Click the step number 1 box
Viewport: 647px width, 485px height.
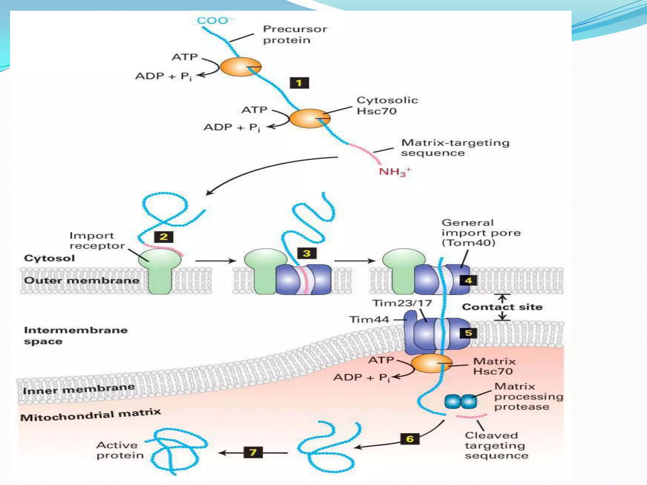point(299,83)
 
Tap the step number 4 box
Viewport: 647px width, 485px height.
point(469,280)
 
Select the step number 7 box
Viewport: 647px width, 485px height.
point(253,452)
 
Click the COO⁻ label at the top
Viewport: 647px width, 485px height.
point(215,21)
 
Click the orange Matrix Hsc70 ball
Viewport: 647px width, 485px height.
point(431,363)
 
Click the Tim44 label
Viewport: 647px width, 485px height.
point(369,320)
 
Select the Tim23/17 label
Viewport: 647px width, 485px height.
point(402,303)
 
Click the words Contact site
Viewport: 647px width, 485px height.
point(502,307)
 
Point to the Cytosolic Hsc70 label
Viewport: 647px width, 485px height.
point(387,105)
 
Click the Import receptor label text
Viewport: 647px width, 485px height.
point(96,241)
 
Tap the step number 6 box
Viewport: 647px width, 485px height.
point(410,439)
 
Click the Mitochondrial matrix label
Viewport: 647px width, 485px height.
point(91,415)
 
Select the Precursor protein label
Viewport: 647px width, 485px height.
point(294,34)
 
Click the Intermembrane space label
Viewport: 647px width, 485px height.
point(76,336)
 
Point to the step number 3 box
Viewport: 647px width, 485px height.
point(306,253)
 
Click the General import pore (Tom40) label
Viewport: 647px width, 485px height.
point(481,233)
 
